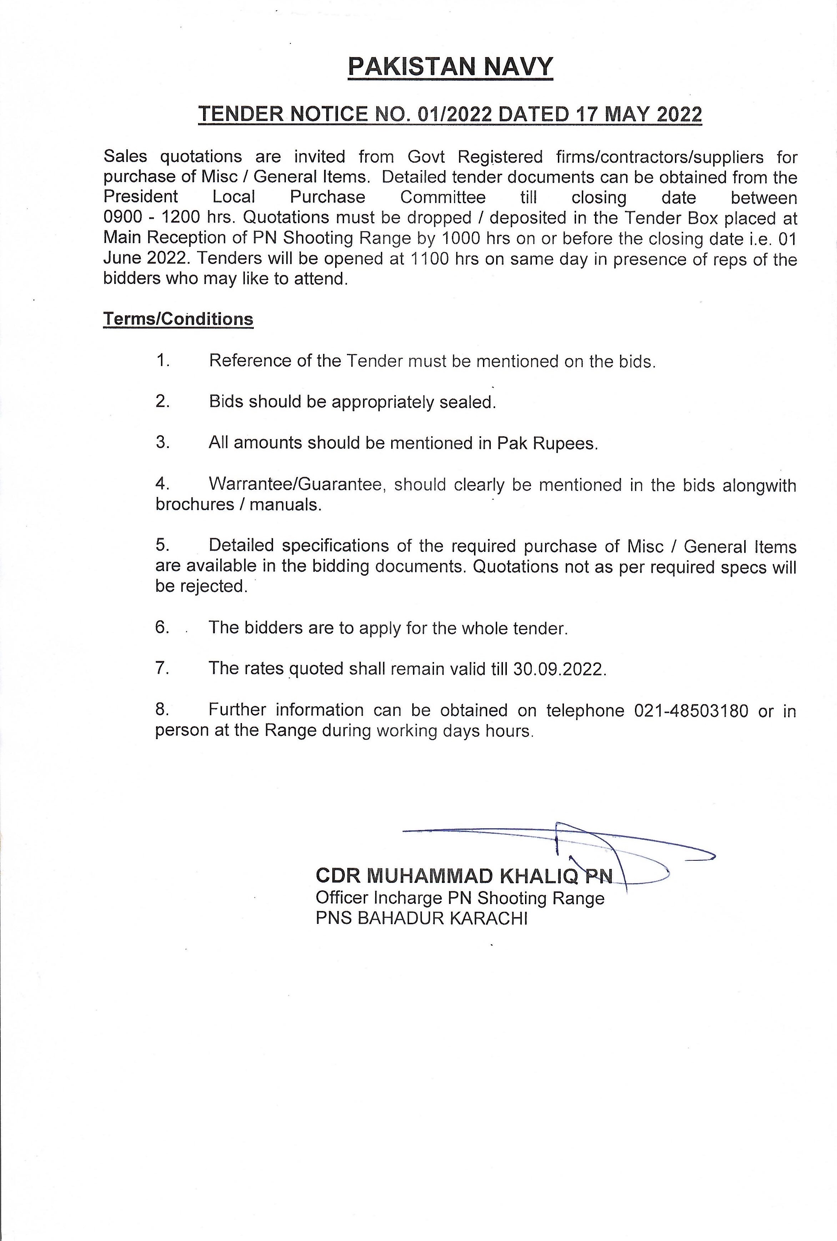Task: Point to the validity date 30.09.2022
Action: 559,669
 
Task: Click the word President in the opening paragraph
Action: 140,197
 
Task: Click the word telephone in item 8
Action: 585,711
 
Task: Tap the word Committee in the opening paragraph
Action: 443,197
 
